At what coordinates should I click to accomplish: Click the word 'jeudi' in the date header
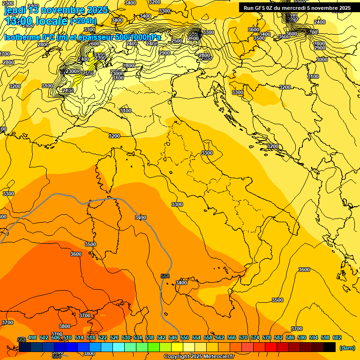[15, 10]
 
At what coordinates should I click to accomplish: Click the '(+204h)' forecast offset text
[83, 21]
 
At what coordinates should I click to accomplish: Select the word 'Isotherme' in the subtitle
[21, 37]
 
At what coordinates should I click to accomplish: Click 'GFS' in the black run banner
[264, 8]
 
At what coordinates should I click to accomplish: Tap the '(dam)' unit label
[346, 348]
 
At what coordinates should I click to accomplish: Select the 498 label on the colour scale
[32, 337]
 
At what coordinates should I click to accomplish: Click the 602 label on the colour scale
[337, 337]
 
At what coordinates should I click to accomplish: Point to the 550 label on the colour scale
[185, 337]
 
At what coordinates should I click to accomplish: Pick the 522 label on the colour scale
[103, 337]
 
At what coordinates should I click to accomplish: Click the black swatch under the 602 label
[330, 347]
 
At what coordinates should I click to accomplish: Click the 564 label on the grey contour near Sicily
[165, 277]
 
